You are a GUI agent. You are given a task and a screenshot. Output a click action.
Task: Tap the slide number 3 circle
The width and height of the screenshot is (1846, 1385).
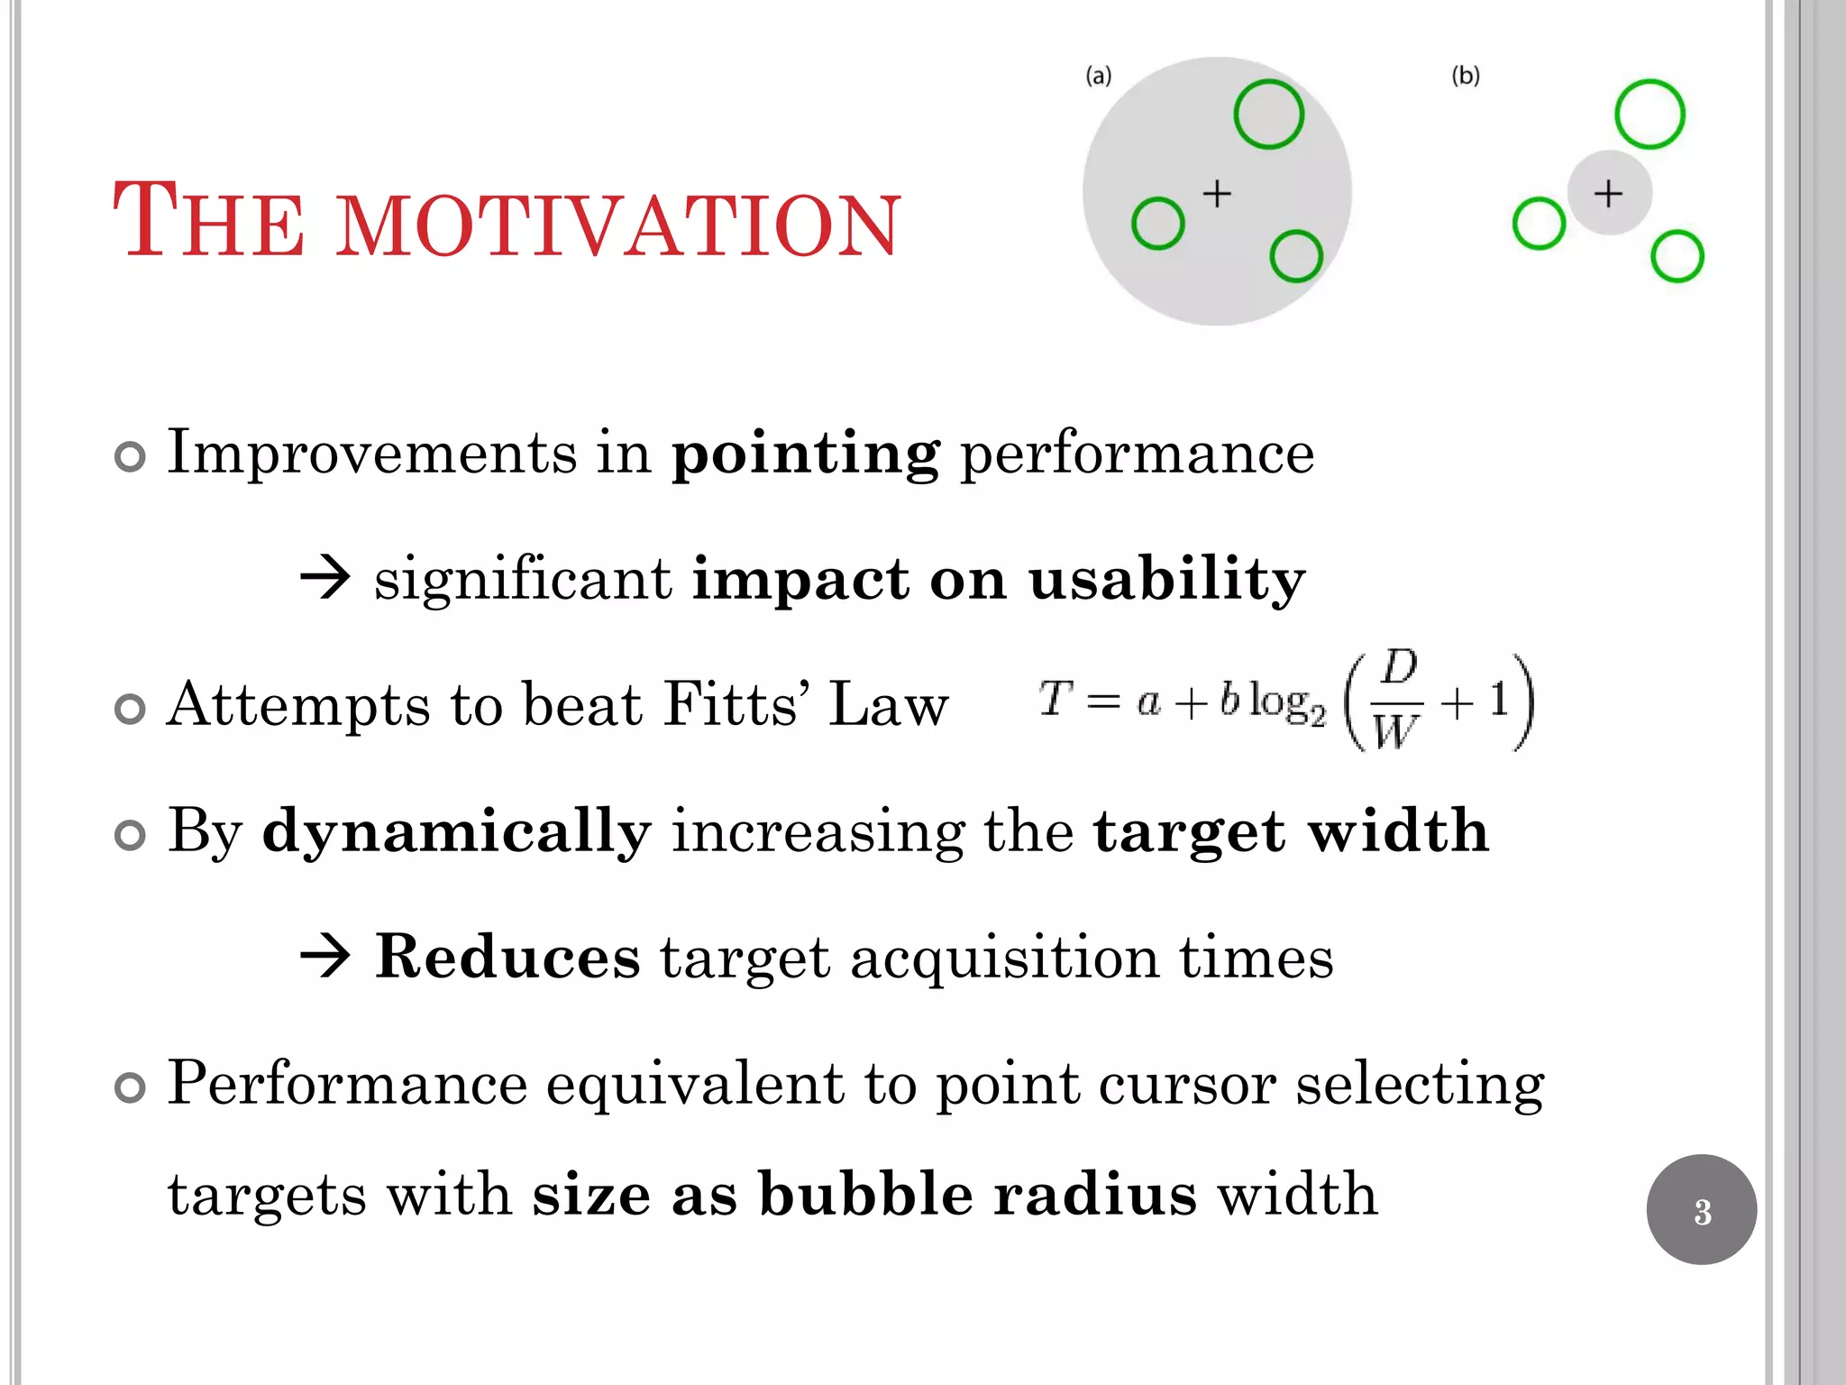point(1701,1210)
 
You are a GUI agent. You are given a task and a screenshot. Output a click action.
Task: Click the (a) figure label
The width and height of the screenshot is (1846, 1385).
point(1098,76)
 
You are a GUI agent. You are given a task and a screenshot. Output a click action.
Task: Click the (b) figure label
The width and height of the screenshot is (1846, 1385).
point(1466,76)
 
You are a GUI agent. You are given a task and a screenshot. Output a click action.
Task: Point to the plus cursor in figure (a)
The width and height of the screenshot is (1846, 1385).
point(1217,193)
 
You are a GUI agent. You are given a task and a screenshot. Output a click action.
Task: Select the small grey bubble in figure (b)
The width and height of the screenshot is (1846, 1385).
point(1609,193)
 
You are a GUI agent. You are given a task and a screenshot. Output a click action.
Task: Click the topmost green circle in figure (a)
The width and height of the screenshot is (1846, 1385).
point(1268,115)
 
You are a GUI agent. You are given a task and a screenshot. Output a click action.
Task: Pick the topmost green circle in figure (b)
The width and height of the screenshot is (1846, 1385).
point(1650,115)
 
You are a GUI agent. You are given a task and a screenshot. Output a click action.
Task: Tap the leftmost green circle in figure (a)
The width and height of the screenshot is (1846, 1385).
point(1157,224)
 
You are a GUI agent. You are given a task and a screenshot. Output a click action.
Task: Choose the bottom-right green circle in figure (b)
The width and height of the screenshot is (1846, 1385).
point(1677,257)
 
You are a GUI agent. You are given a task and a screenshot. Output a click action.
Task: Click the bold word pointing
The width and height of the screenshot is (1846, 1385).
point(805,454)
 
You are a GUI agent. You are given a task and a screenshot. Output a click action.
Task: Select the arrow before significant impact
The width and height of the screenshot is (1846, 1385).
point(324,579)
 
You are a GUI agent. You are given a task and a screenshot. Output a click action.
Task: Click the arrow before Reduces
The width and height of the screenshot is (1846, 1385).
point(324,958)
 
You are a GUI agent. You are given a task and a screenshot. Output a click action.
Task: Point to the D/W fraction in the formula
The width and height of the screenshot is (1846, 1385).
point(1397,701)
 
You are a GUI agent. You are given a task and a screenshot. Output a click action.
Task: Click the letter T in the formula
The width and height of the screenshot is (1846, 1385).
point(1054,698)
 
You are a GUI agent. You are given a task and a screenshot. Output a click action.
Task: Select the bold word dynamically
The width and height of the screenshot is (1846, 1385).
point(456,832)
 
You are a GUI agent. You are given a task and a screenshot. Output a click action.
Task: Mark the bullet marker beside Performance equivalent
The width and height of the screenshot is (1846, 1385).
point(131,1088)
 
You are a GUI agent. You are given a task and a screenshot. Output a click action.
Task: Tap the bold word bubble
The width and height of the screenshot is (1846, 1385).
point(865,1195)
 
